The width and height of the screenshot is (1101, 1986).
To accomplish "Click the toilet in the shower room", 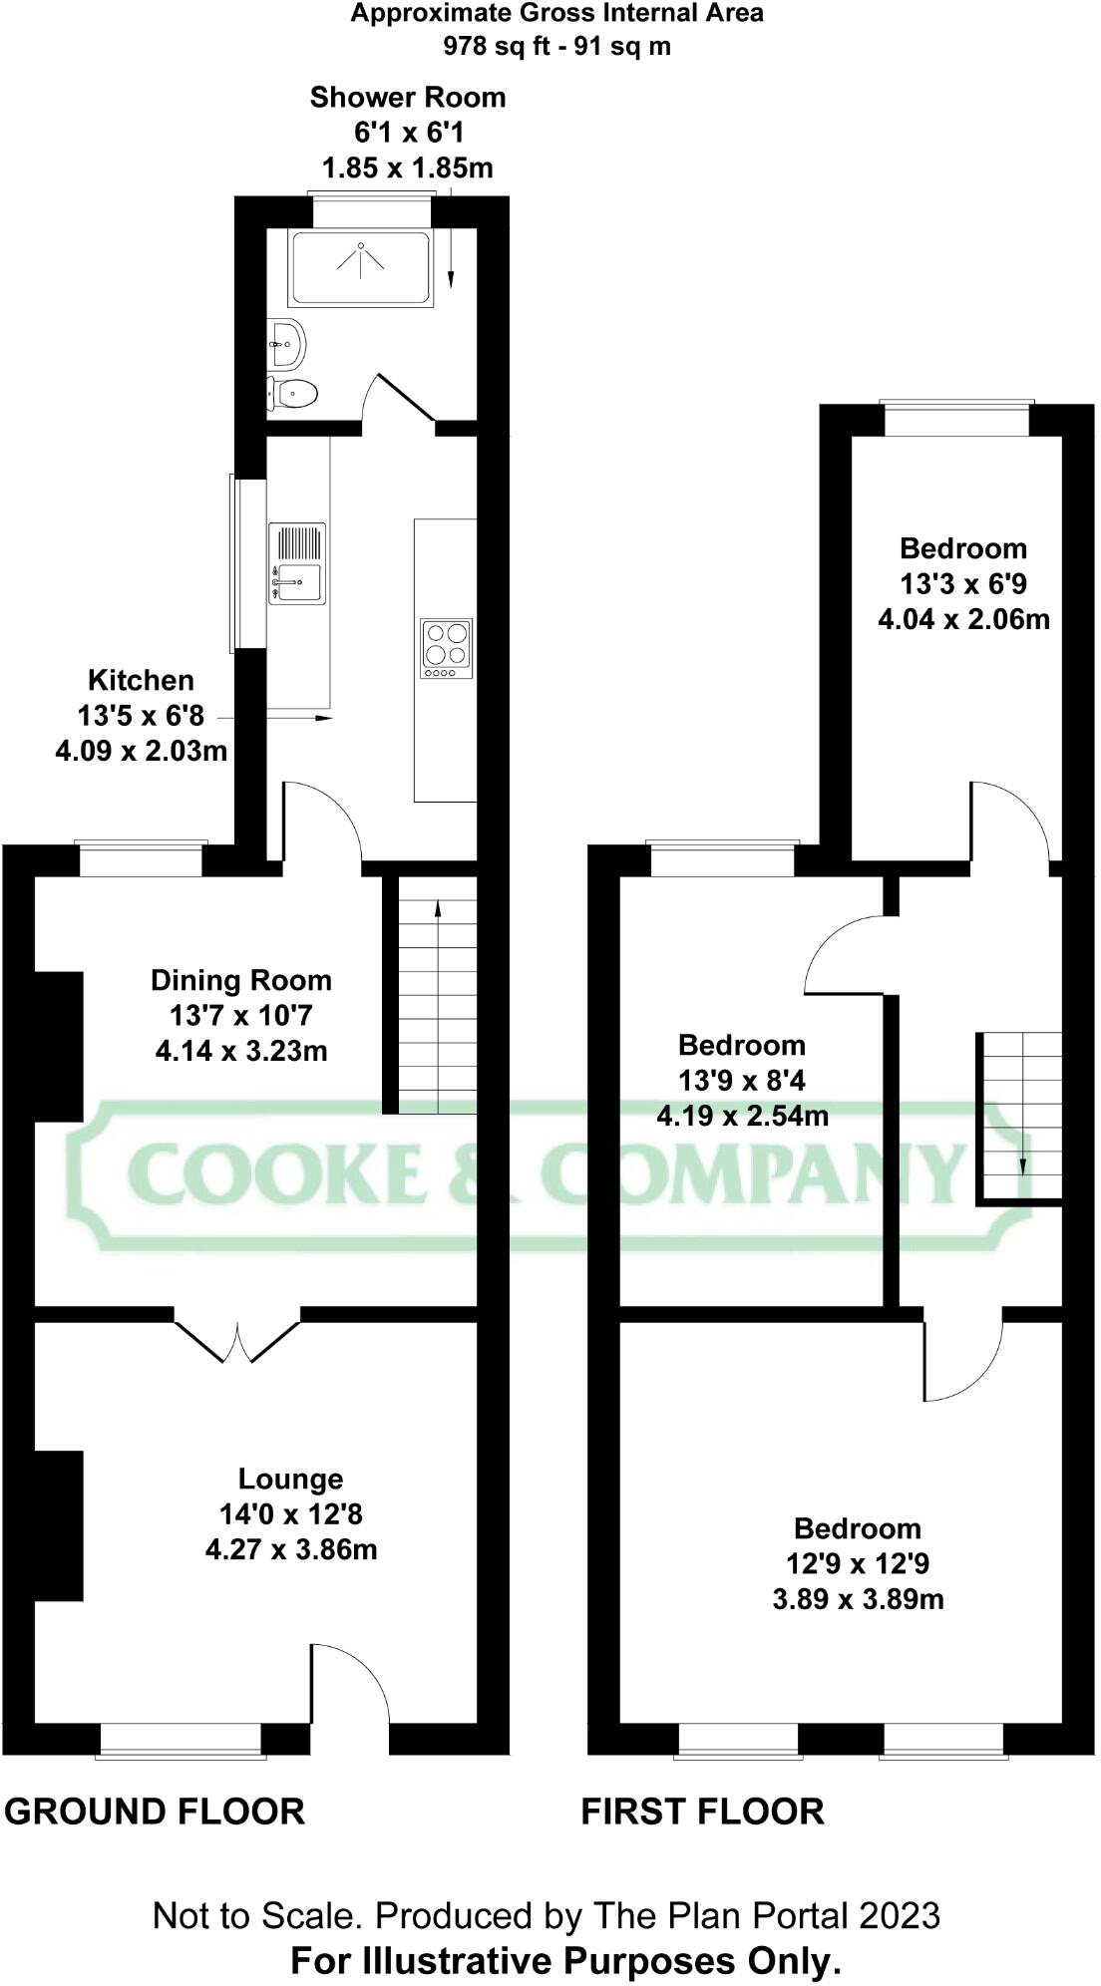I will pyautogui.click(x=292, y=393).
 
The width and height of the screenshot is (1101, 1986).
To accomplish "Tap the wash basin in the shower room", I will pyautogui.click(x=286, y=344).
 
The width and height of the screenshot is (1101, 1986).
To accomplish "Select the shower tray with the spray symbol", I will pyautogui.click(x=360, y=268).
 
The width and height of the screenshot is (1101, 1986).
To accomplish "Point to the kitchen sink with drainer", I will pyautogui.click(x=297, y=564).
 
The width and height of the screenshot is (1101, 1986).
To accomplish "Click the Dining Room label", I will pyautogui.click(x=240, y=981).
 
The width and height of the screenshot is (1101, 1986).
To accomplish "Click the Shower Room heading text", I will pyautogui.click(x=407, y=98).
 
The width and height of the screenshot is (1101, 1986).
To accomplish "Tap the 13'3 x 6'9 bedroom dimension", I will pyautogui.click(x=963, y=583).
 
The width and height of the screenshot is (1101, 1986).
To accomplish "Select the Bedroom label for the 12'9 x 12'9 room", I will pyautogui.click(x=857, y=1528).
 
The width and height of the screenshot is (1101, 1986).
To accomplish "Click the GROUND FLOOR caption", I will pyautogui.click(x=155, y=1812).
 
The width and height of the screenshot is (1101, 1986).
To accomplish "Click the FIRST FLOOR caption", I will pyautogui.click(x=702, y=1812).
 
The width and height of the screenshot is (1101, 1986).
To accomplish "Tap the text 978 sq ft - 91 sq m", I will pyautogui.click(x=556, y=45).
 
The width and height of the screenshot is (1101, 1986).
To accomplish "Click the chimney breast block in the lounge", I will pyautogui.click(x=59, y=1525).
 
